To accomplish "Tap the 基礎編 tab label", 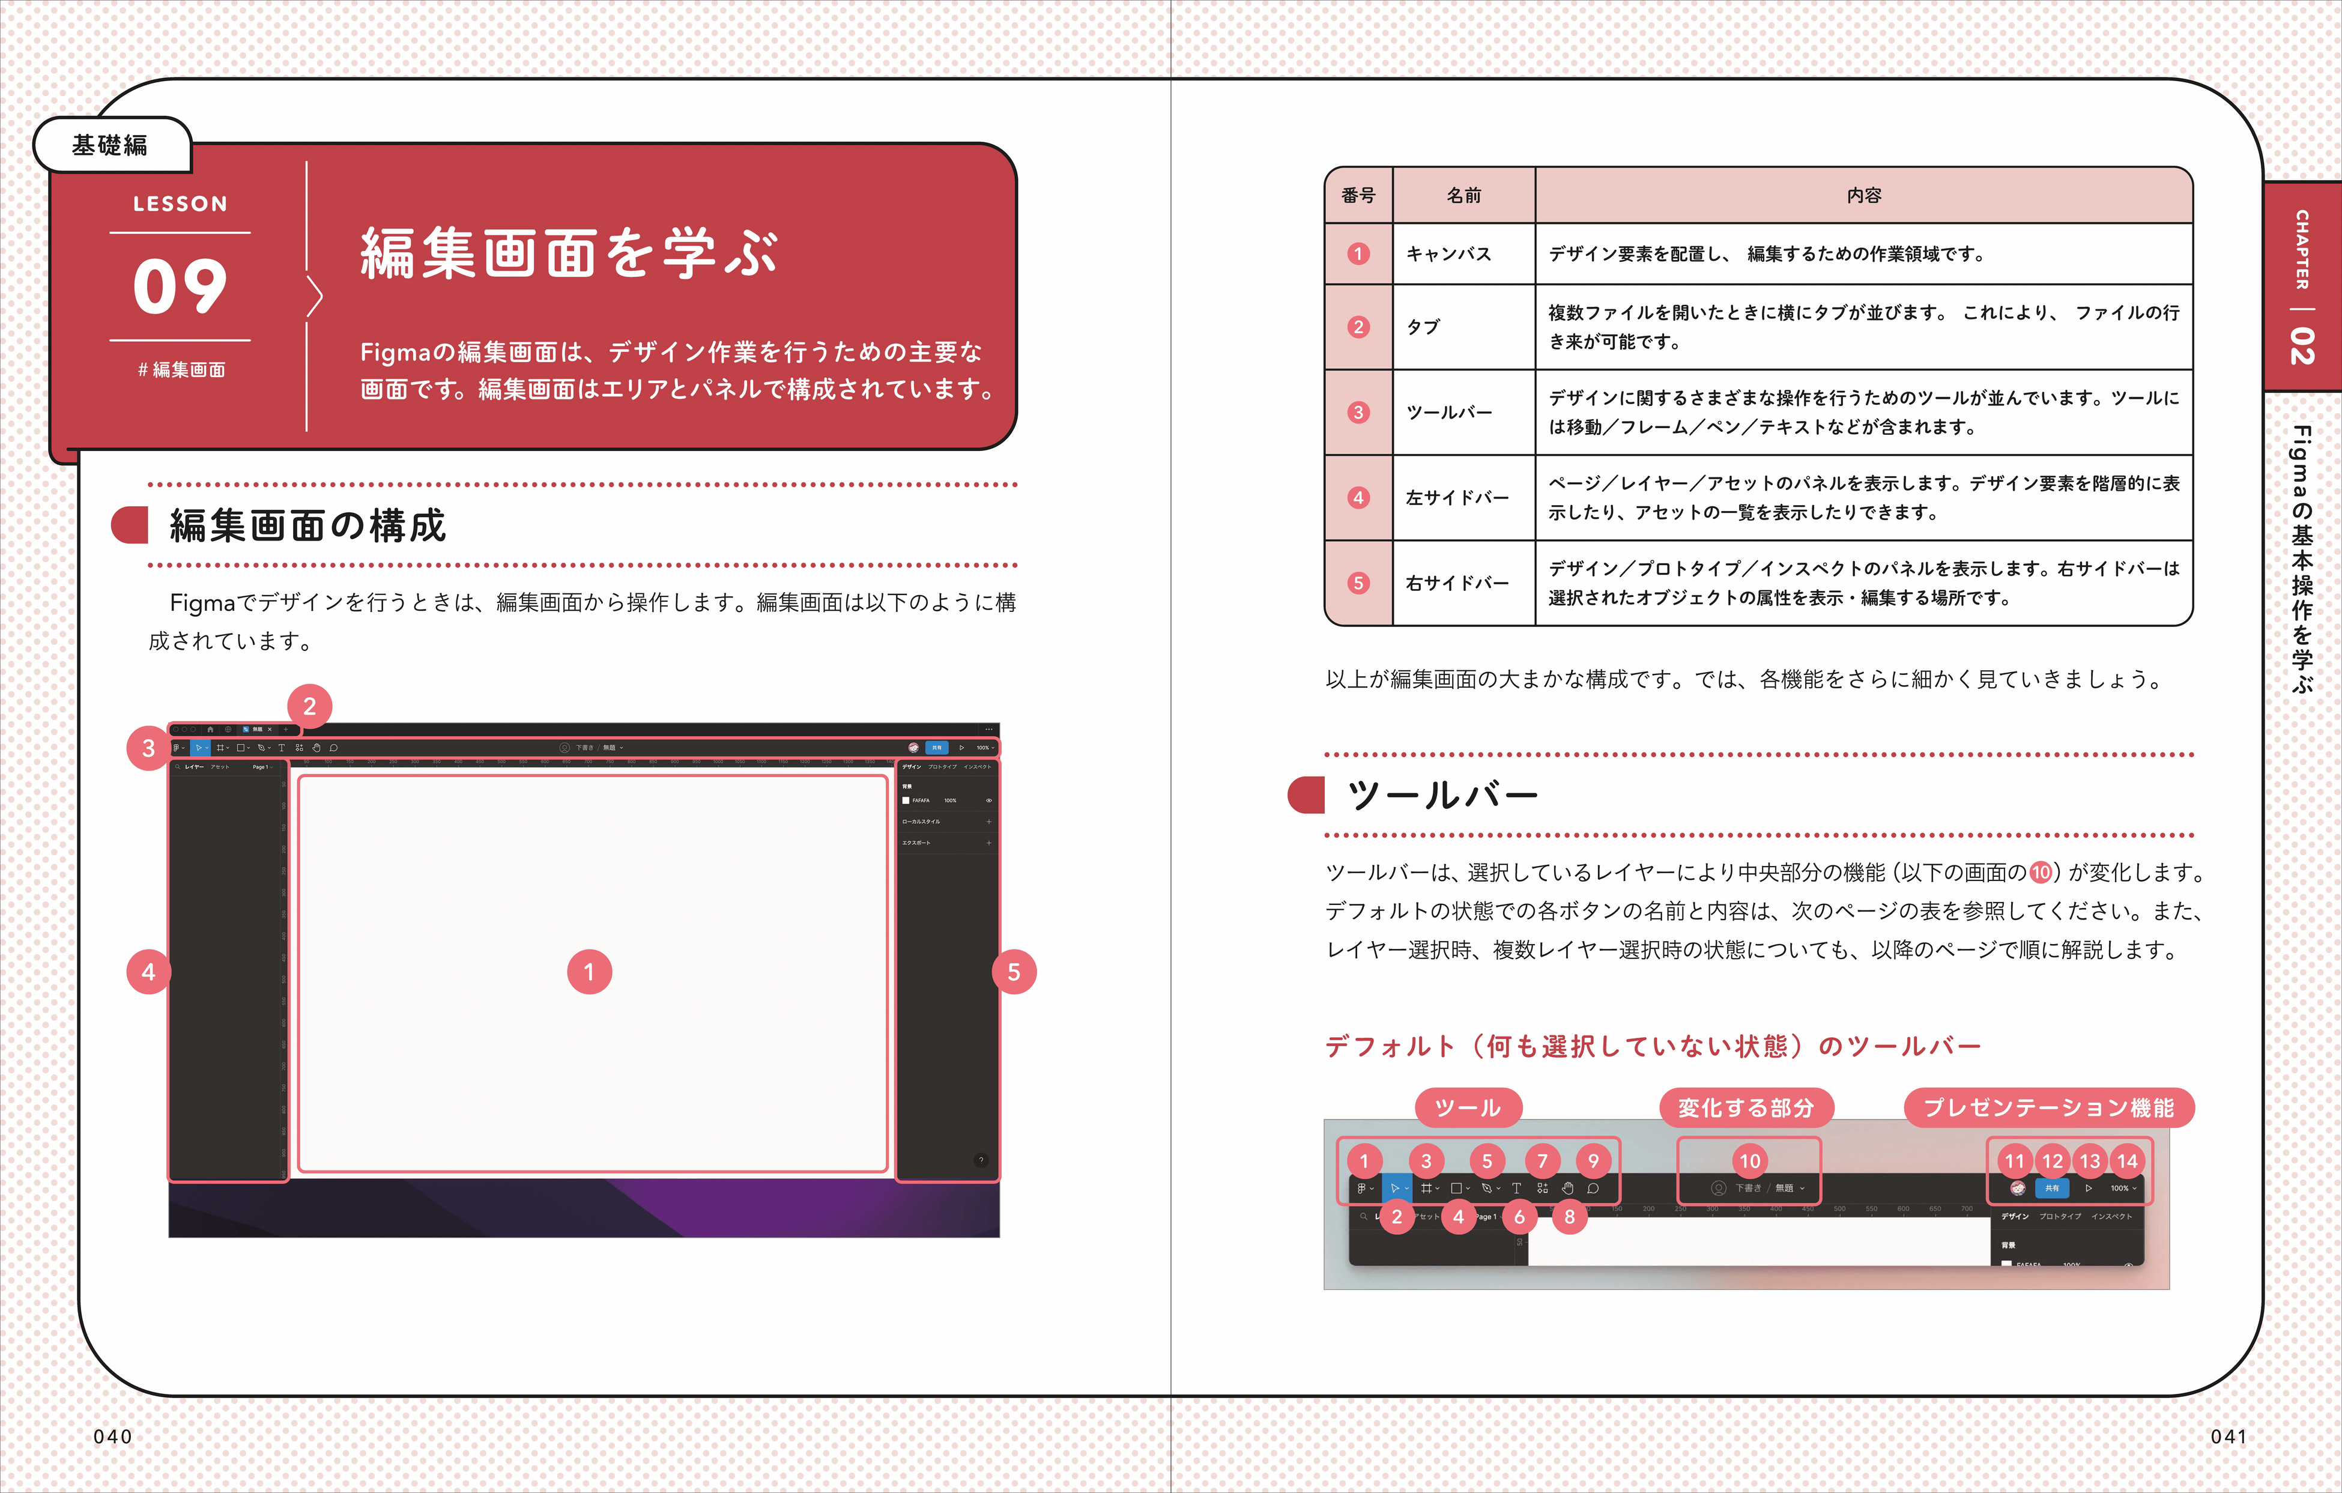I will pyautogui.click(x=110, y=145).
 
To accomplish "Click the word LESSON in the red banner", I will pyautogui.click(x=180, y=203).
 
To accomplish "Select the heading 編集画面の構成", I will pyautogui.click(x=307, y=525).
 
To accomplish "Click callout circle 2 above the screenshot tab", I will pyautogui.click(x=309, y=706).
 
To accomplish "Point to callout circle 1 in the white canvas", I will pyautogui.click(x=589, y=972).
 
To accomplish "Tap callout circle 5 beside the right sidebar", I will pyautogui.click(x=1014, y=972).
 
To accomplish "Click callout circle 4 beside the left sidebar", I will pyautogui.click(x=148, y=972).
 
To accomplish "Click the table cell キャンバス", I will pyautogui.click(x=1448, y=254).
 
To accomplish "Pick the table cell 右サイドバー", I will pyautogui.click(x=1457, y=583).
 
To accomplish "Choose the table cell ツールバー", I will pyautogui.click(x=1448, y=413).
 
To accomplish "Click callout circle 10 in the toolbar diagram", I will pyautogui.click(x=1750, y=1160).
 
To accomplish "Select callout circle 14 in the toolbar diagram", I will pyautogui.click(x=2127, y=1160).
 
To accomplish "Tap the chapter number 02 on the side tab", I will pyautogui.click(x=2302, y=345).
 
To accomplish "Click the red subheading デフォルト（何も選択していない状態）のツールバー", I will pyautogui.click(x=1653, y=1047).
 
